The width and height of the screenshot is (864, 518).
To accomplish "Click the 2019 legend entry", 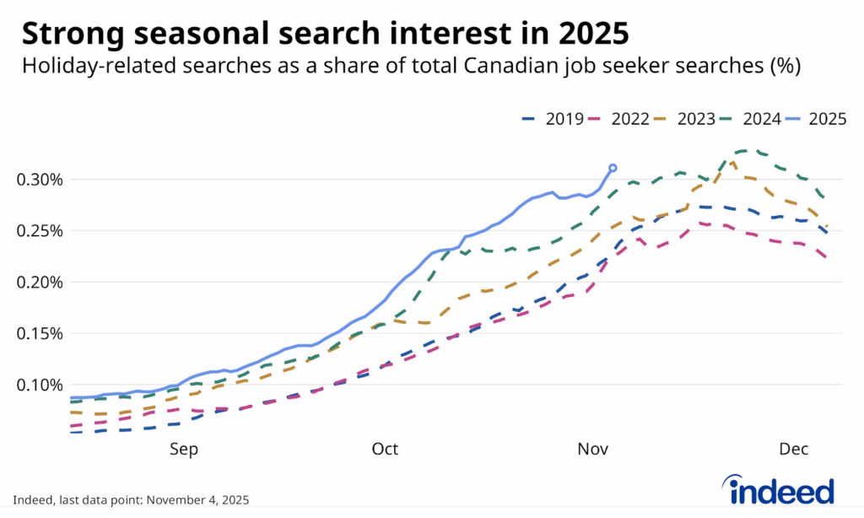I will (x=552, y=119).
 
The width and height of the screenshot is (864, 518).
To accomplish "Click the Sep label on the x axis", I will (x=184, y=450).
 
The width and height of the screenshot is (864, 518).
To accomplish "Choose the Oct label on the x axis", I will (x=385, y=450).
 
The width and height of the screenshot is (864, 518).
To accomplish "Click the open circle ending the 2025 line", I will (x=613, y=168).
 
